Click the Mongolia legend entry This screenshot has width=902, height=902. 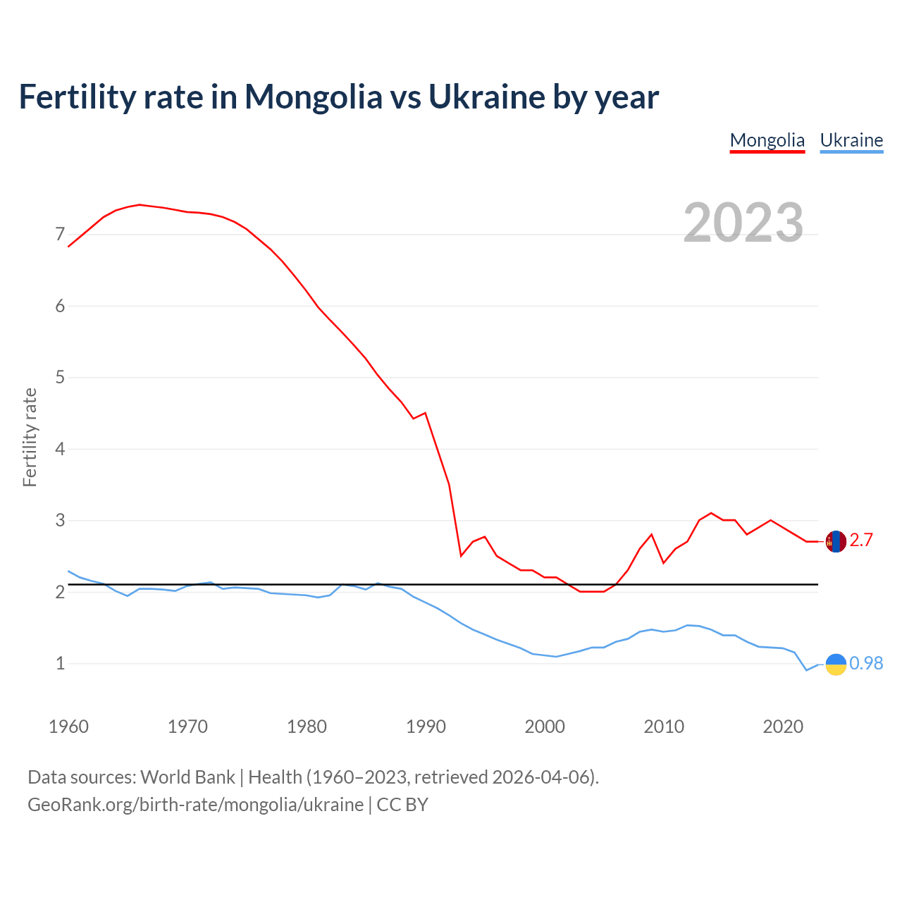pyautogui.click(x=767, y=140)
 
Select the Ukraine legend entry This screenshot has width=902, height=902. pyautogui.click(x=851, y=140)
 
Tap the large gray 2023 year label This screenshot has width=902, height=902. pyautogui.click(x=743, y=223)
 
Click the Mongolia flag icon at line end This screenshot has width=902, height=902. pyautogui.click(x=836, y=541)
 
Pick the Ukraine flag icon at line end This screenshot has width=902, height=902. pyautogui.click(x=836, y=664)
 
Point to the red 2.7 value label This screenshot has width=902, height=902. pyautogui.click(x=861, y=540)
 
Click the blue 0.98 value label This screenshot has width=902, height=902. pyautogui.click(x=866, y=664)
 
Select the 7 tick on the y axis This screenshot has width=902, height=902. pyautogui.click(x=60, y=235)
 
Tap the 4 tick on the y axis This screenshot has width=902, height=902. pyautogui.click(x=60, y=449)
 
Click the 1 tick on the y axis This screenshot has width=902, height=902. pyautogui.click(x=60, y=664)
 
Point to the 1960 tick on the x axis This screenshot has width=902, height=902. pyautogui.click(x=68, y=727)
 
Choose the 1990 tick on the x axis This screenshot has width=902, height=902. pyautogui.click(x=426, y=727)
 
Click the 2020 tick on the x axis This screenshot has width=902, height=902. pyautogui.click(x=783, y=727)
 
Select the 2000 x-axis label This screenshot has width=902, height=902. pyautogui.click(x=545, y=727)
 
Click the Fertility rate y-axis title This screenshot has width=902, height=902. pyautogui.click(x=30, y=437)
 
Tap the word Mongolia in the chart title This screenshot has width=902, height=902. pyautogui.click(x=313, y=97)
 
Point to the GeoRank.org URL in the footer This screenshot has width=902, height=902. pyautogui.click(x=195, y=805)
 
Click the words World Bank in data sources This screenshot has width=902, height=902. pyautogui.click(x=187, y=777)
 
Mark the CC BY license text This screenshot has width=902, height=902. pyautogui.click(x=402, y=805)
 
